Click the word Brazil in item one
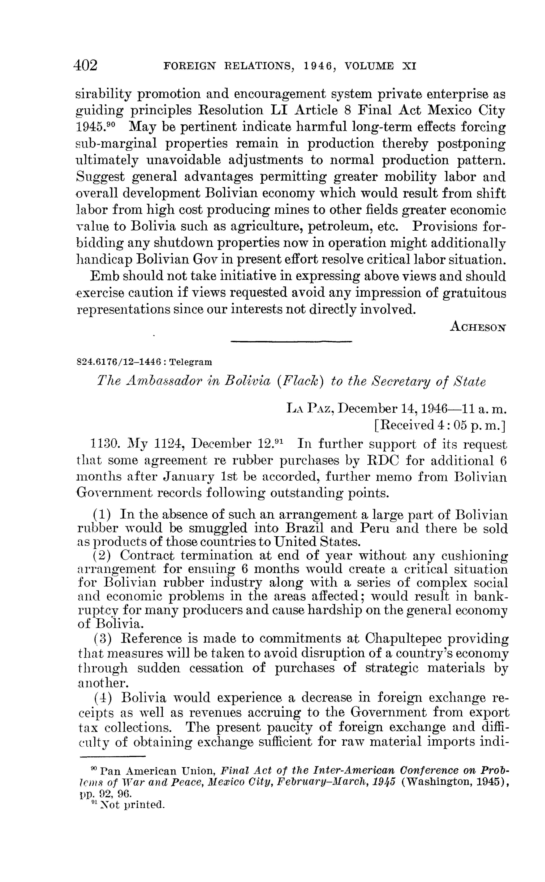click(306, 528)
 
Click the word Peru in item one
click(373, 528)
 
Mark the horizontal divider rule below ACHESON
click(291, 341)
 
